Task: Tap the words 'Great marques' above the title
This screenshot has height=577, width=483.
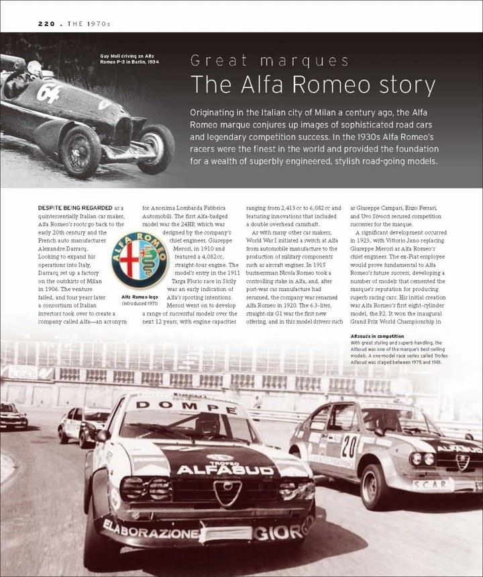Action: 269,62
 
